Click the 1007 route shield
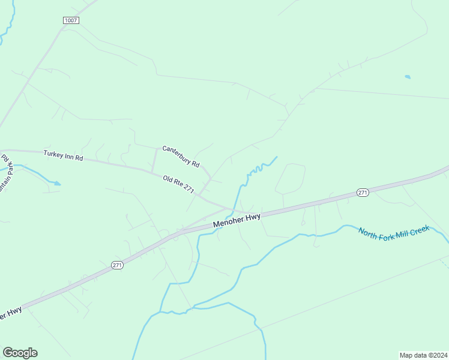(71, 20)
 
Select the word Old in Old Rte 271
(169, 179)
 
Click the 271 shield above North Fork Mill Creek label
(362, 192)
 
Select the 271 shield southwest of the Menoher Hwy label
(118, 265)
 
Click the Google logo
(20, 353)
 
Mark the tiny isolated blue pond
(408, 77)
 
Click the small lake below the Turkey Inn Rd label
(56, 183)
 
